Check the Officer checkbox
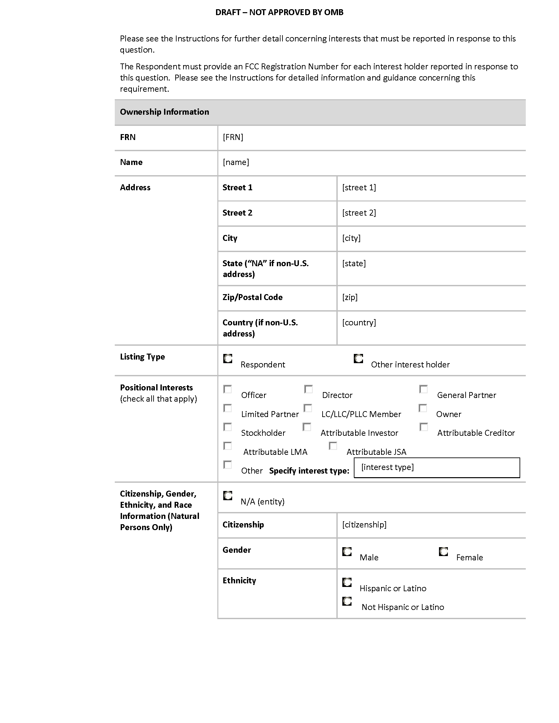(x=228, y=389)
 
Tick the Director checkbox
(x=308, y=389)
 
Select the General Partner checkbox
(x=423, y=389)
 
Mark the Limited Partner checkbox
(x=228, y=408)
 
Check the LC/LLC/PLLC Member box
(x=308, y=408)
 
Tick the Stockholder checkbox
(x=228, y=427)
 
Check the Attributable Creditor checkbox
(x=424, y=427)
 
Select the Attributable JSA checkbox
(x=333, y=446)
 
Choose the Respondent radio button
(x=228, y=359)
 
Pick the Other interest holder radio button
(x=358, y=359)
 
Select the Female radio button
(x=443, y=551)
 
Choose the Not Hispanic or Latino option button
(x=347, y=601)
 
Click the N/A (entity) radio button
(x=228, y=496)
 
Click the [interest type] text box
(x=436, y=467)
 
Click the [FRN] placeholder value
(x=233, y=137)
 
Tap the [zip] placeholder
(x=350, y=297)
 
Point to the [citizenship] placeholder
(x=364, y=525)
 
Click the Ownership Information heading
(x=164, y=112)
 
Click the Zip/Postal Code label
(x=252, y=297)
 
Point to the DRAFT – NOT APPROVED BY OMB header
(x=279, y=12)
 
